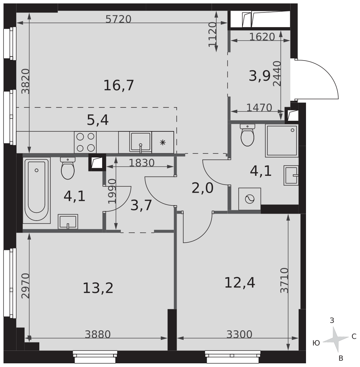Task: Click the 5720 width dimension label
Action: tap(118, 19)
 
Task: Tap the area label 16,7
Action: tap(119, 85)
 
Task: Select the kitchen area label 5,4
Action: tap(98, 120)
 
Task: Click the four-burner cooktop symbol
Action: tap(86, 142)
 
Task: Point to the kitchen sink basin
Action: tap(141, 142)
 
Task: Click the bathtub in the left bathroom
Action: tap(36, 190)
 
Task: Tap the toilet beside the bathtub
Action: tap(68, 168)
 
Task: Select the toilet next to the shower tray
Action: tap(247, 135)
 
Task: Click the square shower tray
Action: tap(282, 141)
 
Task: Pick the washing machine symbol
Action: tap(249, 199)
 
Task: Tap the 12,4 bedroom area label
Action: tap(240, 283)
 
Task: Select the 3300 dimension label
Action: tap(240, 334)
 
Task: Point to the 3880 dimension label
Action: tap(98, 334)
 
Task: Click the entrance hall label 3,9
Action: tap(260, 76)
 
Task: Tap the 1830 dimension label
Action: tap(142, 163)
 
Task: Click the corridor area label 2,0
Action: tap(203, 188)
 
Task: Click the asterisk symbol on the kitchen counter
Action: tap(162, 142)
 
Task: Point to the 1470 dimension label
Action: tap(259, 108)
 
